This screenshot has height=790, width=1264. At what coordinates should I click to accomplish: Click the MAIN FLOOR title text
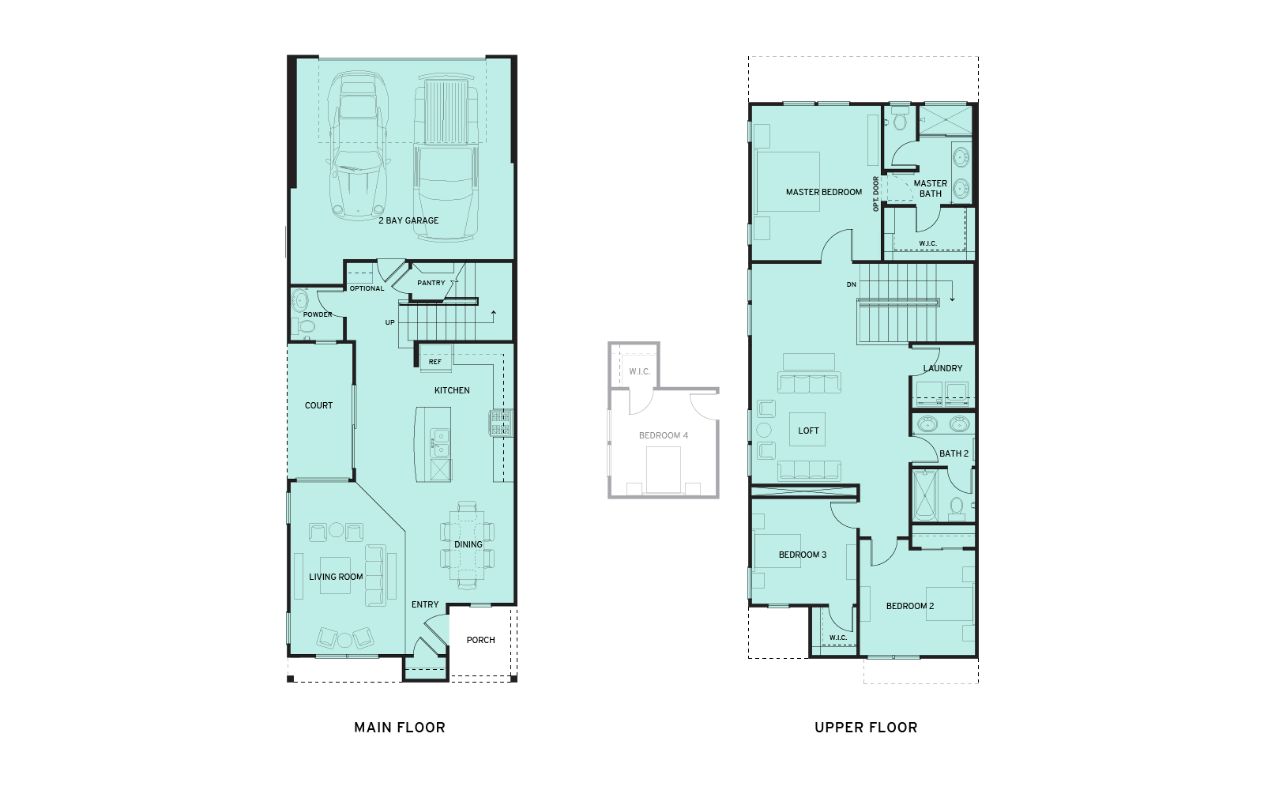[x=400, y=728]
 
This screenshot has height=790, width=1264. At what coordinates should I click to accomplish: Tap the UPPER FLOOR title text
[x=866, y=728]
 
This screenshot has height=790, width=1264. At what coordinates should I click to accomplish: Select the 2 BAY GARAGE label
[x=408, y=220]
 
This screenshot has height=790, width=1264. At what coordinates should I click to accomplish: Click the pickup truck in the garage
[x=447, y=154]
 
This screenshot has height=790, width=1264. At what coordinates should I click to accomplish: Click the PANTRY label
[x=431, y=283]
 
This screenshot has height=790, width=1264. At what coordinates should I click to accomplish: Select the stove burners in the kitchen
[x=501, y=423]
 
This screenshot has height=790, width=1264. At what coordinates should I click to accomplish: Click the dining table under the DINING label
[x=468, y=545]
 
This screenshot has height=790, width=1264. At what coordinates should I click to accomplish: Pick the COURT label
[x=319, y=405]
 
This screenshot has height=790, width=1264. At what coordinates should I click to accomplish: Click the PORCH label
[x=481, y=640]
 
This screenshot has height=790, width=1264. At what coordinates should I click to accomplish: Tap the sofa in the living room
[x=376, y=575]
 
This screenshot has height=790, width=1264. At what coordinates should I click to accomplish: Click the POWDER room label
[x=318, y=314]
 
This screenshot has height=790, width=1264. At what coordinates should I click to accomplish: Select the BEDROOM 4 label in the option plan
[x=664, y=435]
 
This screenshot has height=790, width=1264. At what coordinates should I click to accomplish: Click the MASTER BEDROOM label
[x=824, y=192]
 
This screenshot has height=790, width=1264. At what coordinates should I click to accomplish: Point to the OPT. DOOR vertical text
[x=876, y=194]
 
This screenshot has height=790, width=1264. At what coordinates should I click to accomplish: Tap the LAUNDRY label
[x=943, y=368]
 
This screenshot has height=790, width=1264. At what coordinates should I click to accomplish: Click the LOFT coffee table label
[x=808, y=431]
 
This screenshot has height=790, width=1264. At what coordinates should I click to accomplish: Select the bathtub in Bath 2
[x=924, y=495]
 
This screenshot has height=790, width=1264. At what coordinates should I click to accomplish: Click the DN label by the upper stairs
[x=852, y=284]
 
